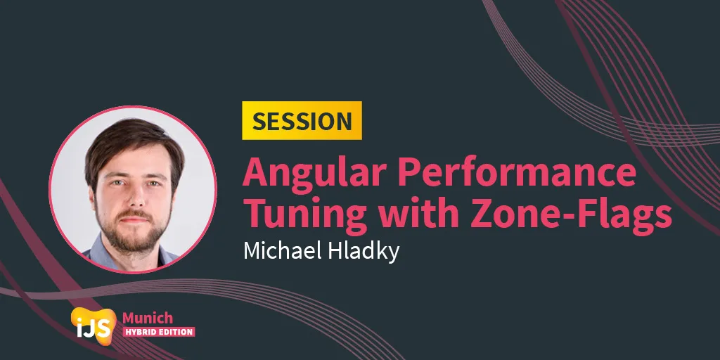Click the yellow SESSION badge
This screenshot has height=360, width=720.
click(x=302, y=120)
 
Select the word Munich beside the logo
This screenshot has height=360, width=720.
click(x=148, y=318)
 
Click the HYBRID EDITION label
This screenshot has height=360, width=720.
click(x=158, y=332)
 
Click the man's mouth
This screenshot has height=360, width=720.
click(x=134, y=219)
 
